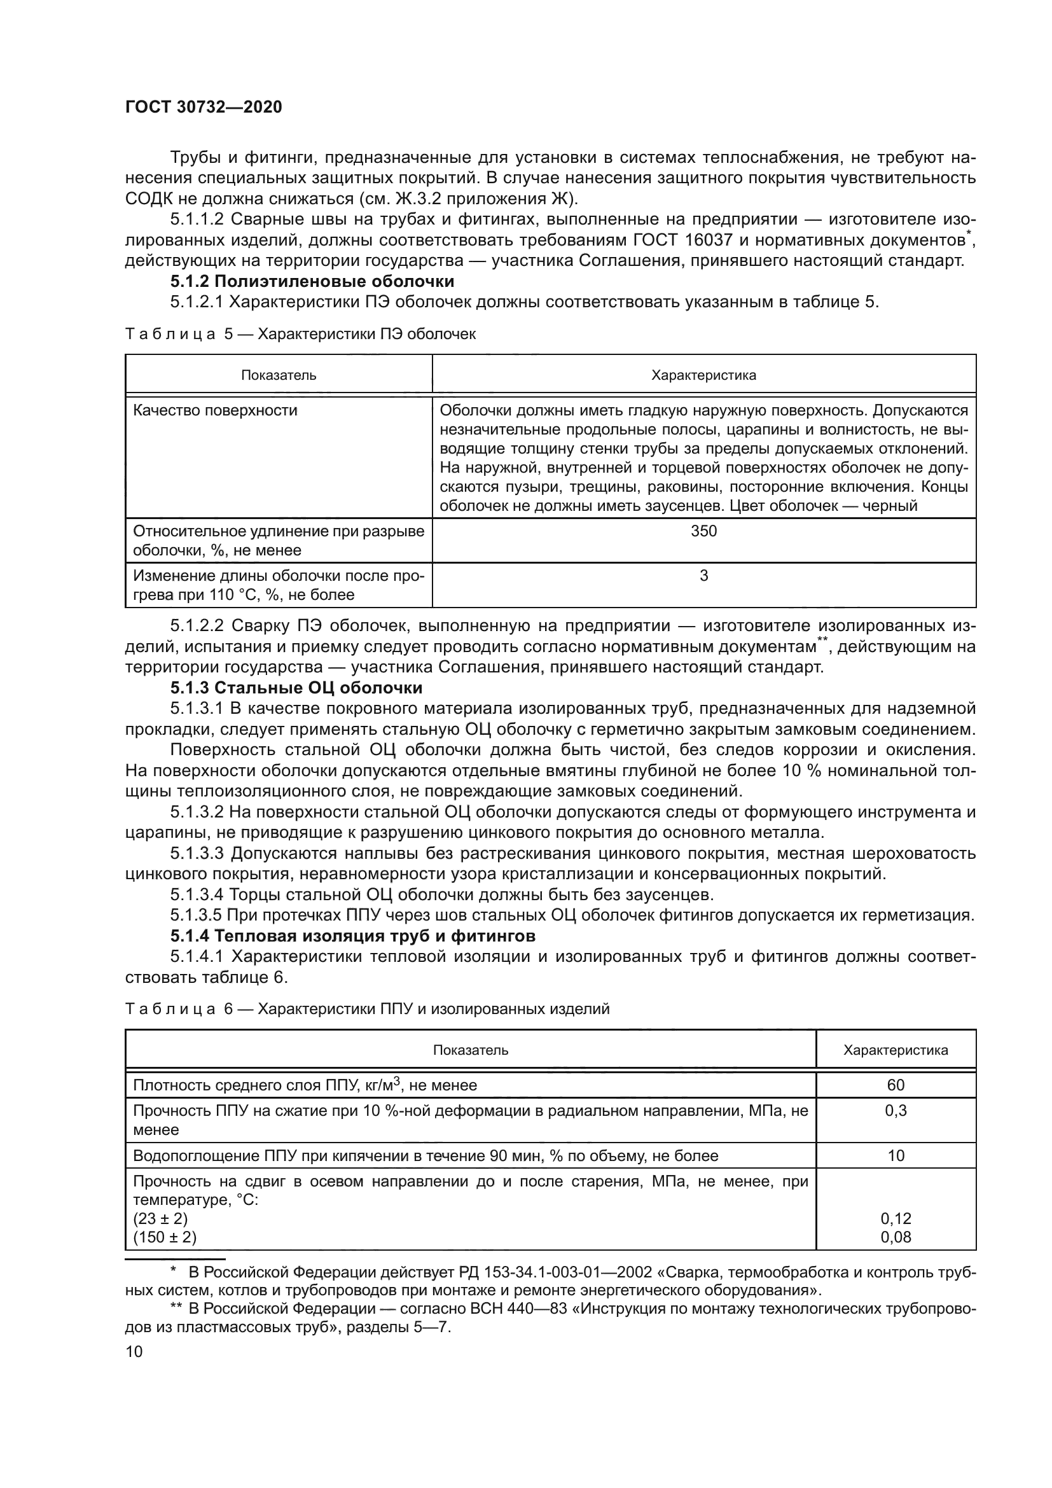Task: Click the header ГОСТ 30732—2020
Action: tap(204, 108)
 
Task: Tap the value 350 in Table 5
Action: tap(703, 531)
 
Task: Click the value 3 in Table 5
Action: tap(703, 576)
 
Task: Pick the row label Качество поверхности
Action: tap(215, 410)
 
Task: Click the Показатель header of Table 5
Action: tap(279, 375)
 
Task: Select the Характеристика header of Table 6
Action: tap(896, 1050)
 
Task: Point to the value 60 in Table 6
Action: tap(896, 1085)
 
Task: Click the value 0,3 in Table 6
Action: tap(896, 1111)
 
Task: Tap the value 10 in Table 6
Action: tap(896, 1155)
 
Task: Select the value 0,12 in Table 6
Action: tap(896, 1218)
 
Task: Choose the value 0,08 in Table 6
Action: tap(896, 1237)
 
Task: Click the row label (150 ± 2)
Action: tap(165, 1237)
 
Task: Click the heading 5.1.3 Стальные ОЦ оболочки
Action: tap(296, 688)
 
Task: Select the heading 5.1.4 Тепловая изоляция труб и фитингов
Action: tap(352, 936)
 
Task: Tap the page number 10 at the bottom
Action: tap(134, 1352)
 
